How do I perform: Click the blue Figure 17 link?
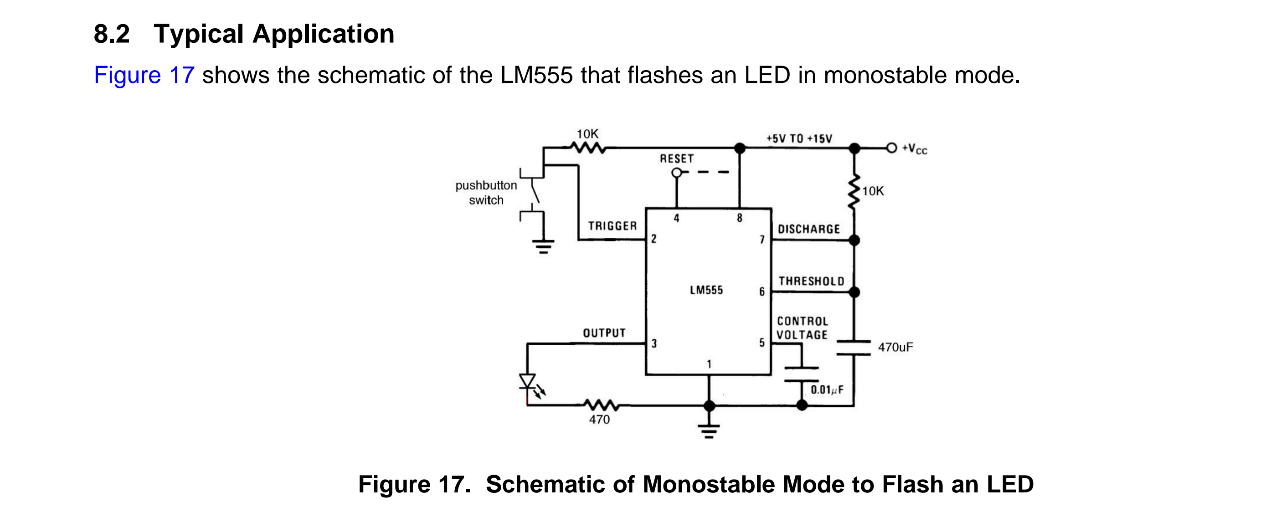coord(144,75)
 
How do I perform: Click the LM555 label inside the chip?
coord(706,290)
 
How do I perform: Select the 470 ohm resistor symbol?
coord(600,405)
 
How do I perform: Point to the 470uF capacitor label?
coord(895,347)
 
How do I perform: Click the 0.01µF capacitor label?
coord(827,390)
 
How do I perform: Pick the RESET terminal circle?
coord(677,173)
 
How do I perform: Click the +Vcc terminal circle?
coord(892,148)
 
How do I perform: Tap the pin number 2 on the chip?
coord(654,239)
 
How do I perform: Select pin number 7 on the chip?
coord(762,240)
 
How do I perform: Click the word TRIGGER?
coord(612,226)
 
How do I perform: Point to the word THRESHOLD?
coord(811,281)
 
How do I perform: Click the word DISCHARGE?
coord(809,229)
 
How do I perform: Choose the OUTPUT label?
coord(604,333)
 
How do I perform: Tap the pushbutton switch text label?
coord(486,193)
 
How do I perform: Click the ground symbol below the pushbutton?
coord(543,246)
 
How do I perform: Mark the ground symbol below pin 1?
coord(709,431)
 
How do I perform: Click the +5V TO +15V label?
coord(799,138)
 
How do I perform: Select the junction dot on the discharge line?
coord(854,241)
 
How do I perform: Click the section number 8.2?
coord(112,34)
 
